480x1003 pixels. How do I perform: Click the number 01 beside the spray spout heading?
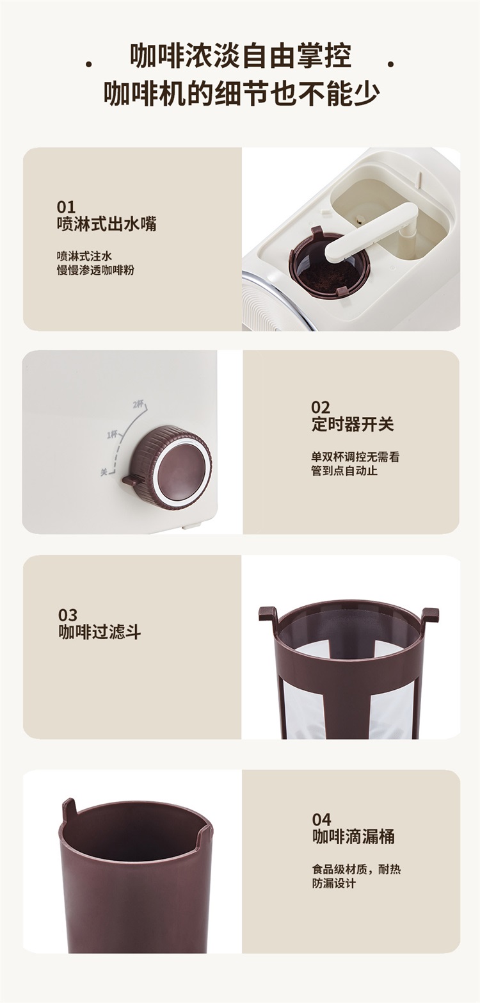click(x=66, y=207)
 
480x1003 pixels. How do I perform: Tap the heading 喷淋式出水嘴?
click(x=106, y=224)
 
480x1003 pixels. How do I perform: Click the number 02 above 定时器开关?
click(x=321, y=407)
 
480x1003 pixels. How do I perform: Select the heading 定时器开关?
click(x=353, y=424)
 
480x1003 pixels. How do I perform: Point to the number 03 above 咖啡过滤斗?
click(x=68, y=615)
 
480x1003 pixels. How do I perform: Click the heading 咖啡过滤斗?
click(x=100, y=632)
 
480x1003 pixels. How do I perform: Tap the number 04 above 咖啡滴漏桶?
click(x=322, y=819)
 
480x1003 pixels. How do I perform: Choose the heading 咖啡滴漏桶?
click(x=353, y=836)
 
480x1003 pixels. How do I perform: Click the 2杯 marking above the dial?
click(x=139, y=405)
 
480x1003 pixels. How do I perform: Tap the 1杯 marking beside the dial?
click(x=112, y=434)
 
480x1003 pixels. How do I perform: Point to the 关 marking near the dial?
click(x=104, y=472)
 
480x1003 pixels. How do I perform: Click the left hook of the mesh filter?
click(x=268, y=616)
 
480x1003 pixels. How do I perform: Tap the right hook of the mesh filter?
click(x=429, y=616)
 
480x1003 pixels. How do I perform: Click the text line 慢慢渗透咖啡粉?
click(x=95, y=270)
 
